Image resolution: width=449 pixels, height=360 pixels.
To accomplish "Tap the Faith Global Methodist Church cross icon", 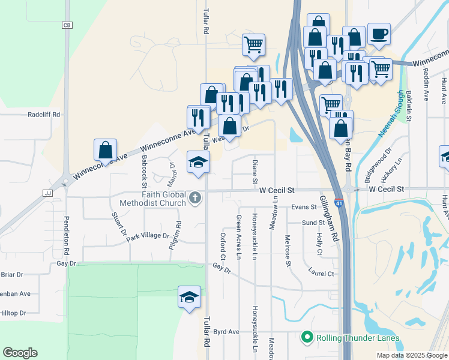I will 194,197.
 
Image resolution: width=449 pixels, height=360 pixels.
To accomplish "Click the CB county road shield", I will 67,25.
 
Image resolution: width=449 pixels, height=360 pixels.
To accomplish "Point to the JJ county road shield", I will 49,193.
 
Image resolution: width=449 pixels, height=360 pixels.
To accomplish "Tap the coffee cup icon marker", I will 378,34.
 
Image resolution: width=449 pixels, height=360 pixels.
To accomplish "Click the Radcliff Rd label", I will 44,114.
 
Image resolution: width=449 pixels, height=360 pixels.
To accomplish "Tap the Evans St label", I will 304,207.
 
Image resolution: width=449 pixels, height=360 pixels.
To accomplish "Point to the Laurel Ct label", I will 322,274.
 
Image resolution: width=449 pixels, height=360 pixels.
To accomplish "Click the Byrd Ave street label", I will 226,331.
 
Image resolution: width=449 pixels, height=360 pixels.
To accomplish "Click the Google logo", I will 20,353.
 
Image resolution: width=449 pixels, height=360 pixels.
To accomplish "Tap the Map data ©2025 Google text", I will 411,355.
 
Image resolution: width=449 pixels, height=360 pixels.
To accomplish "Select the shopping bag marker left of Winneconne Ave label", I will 106,151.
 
